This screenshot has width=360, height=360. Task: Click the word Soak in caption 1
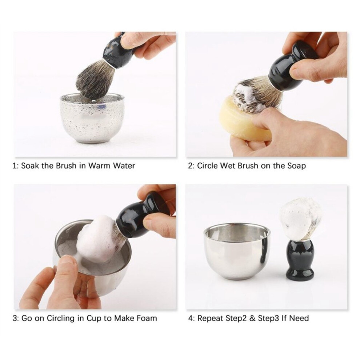pos(30,166)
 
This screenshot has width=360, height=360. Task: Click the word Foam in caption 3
pos(146,318)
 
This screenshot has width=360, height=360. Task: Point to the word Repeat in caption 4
pos(210,319)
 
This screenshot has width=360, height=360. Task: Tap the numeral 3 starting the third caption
pos(15,319)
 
